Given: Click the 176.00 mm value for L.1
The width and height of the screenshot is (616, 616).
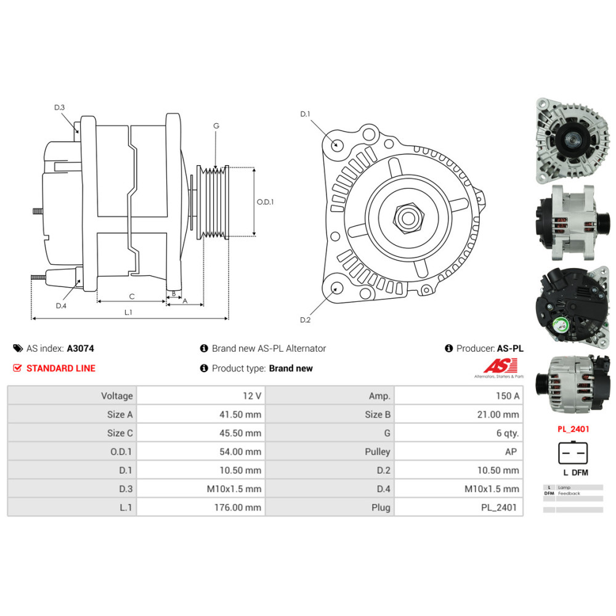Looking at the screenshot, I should [240, 508].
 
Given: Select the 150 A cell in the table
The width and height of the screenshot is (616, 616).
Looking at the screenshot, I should [506, 396].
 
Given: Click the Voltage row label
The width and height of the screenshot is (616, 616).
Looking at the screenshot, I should [116, 396].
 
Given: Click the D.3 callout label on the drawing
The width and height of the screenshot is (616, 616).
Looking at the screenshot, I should [59, 108].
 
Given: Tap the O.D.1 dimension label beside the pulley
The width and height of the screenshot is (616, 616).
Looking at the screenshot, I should [265, 201].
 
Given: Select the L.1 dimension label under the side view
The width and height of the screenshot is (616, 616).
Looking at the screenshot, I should [128, 312].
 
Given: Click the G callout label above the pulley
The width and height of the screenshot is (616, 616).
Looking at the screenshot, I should [216, 126].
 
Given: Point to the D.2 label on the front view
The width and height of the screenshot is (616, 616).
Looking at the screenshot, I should [305, 319].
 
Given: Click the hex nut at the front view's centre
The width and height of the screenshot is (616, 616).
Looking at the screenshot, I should [406, 217].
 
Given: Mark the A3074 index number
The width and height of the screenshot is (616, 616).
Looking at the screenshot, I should [80, 348].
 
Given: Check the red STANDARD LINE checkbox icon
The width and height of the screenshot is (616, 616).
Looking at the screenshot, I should [17, 368].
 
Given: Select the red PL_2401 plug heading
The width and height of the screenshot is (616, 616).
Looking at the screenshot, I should [572, 429].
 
